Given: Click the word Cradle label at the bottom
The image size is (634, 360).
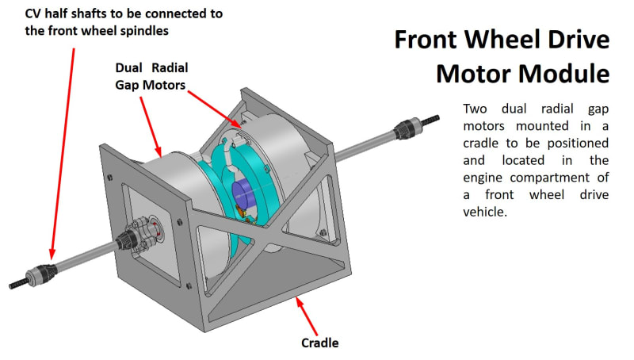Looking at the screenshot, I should tap(319, 343).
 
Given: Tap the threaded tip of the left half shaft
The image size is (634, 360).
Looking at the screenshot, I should tap(18, 282).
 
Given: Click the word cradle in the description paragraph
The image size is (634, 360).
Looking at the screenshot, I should tap(483, 143).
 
